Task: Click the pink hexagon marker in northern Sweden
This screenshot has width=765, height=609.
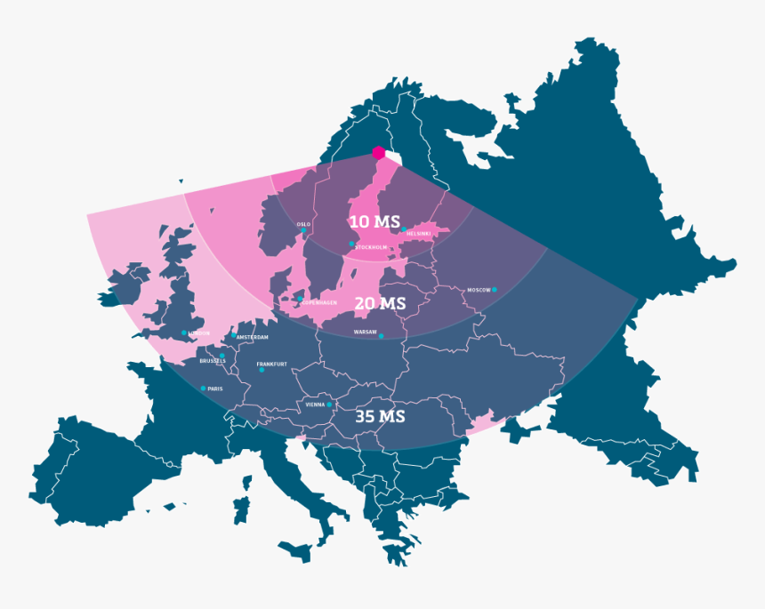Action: pos(379,153)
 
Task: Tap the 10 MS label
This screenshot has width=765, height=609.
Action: pos(374,221)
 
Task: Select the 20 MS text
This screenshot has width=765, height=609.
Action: pos(380,303)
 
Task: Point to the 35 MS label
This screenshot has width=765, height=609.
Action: pos(380,416)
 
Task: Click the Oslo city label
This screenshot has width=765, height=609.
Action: pos(303,224)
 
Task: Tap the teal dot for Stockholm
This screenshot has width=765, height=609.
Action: pos(352,244)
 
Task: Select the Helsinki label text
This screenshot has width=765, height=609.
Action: pos(418,234)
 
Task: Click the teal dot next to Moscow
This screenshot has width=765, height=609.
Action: pos(495,290)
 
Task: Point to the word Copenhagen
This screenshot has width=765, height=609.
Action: pos(319,302)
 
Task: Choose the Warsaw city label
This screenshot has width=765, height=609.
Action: pos(365,332)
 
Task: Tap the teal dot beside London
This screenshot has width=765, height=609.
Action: pos(185,333)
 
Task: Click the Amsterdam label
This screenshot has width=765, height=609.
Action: pos(253,338)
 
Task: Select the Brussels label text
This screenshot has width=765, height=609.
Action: pos(213,361)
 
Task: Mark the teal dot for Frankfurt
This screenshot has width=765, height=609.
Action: pos(262,370)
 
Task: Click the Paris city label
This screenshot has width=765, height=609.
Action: pos(215,389)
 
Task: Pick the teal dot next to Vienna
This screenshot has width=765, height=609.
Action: pos(330,405)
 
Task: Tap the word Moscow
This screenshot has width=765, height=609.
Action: pos(479,290)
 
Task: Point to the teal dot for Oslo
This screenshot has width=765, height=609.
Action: pos(303,230)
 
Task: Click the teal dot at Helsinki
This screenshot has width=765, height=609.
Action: pos(404,229)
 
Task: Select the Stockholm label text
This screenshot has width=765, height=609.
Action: pos(371,248)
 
